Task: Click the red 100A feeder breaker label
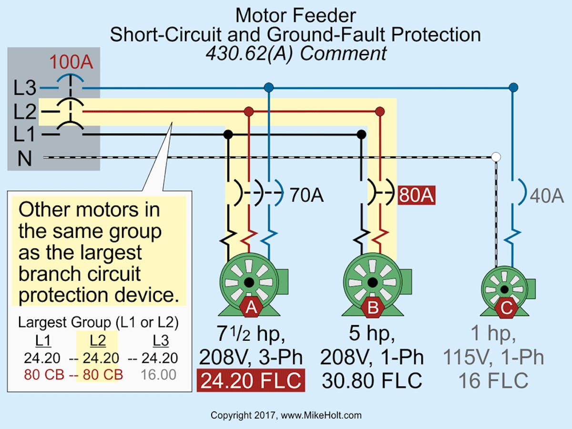pos(72,63)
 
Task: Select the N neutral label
pos(24,158)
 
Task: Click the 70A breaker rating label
pos(306,195)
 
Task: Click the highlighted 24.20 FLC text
pos(251,380)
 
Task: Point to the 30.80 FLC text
pos(372,380)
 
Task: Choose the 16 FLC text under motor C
pos(493,380)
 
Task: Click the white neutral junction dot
pos(496,157)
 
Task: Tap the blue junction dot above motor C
pos(513,87)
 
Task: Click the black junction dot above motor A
pos(228,135)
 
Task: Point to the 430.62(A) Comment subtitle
pos(296,53)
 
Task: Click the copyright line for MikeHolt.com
pos(286,415)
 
